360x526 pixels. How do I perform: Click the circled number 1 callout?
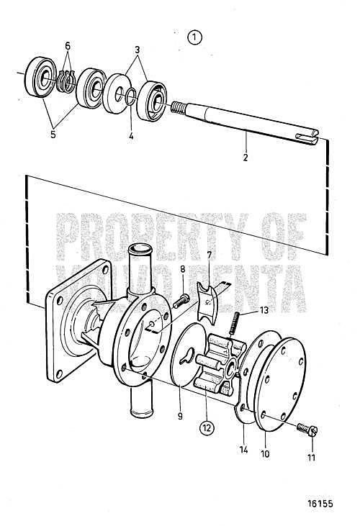tap(195, 37)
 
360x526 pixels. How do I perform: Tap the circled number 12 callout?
tap(207, 427)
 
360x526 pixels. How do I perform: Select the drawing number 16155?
tap(320, 504)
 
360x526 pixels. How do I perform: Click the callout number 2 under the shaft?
tap(246, 158)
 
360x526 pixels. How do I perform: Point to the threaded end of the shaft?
tap(178, 108)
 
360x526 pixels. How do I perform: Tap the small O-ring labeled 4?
tap(131, 96)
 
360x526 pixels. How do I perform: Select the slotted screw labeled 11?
tap(307, 430)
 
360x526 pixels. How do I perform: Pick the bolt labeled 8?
tap(181, 301)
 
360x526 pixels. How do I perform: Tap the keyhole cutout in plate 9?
tap(187, 356)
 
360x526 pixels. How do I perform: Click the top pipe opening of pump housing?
tap(140, 249)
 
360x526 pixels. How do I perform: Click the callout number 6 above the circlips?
tap(68, 46)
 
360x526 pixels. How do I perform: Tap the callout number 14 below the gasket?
tap(243, 450)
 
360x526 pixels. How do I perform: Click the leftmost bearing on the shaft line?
tap(40, 77)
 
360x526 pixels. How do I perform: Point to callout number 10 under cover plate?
tap(265, 454)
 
